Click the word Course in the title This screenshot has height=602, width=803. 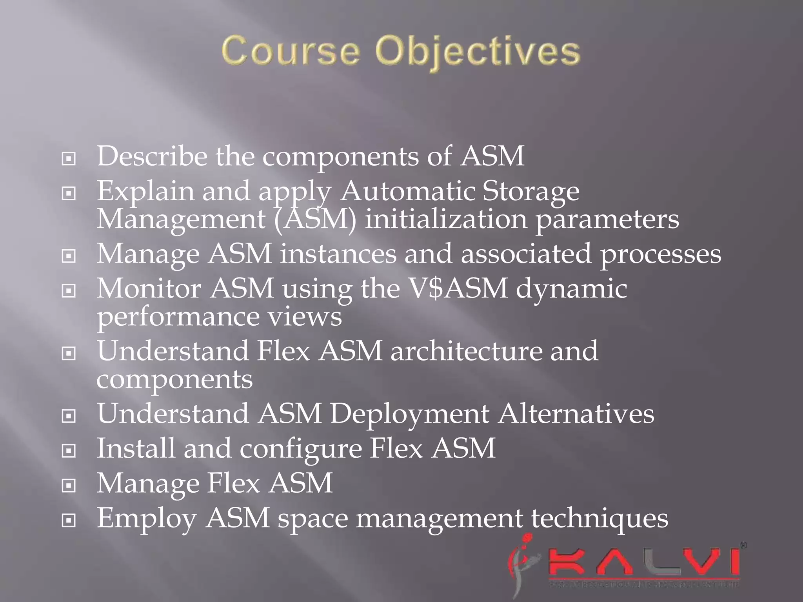point(290,51)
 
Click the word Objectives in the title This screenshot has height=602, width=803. point(477,53)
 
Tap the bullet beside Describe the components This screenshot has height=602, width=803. point(69,159)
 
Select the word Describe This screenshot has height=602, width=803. point(152,156)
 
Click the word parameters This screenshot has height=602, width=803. point(607,220)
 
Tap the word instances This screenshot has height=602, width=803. point(338,254)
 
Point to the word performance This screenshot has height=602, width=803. point(178,317)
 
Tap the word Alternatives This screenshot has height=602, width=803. point(576,413)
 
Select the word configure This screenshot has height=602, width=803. point(301,449)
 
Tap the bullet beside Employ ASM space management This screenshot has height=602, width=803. point(69,520)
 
